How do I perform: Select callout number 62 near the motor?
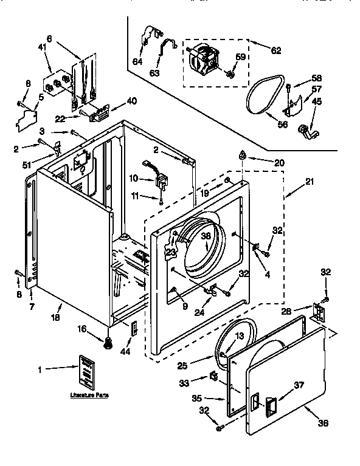click(x=275, y=50)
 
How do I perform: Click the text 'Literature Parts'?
click(x=89, y=396)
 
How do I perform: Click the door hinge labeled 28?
click(x=317, y=311)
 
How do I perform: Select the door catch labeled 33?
click(x=214, y=377)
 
